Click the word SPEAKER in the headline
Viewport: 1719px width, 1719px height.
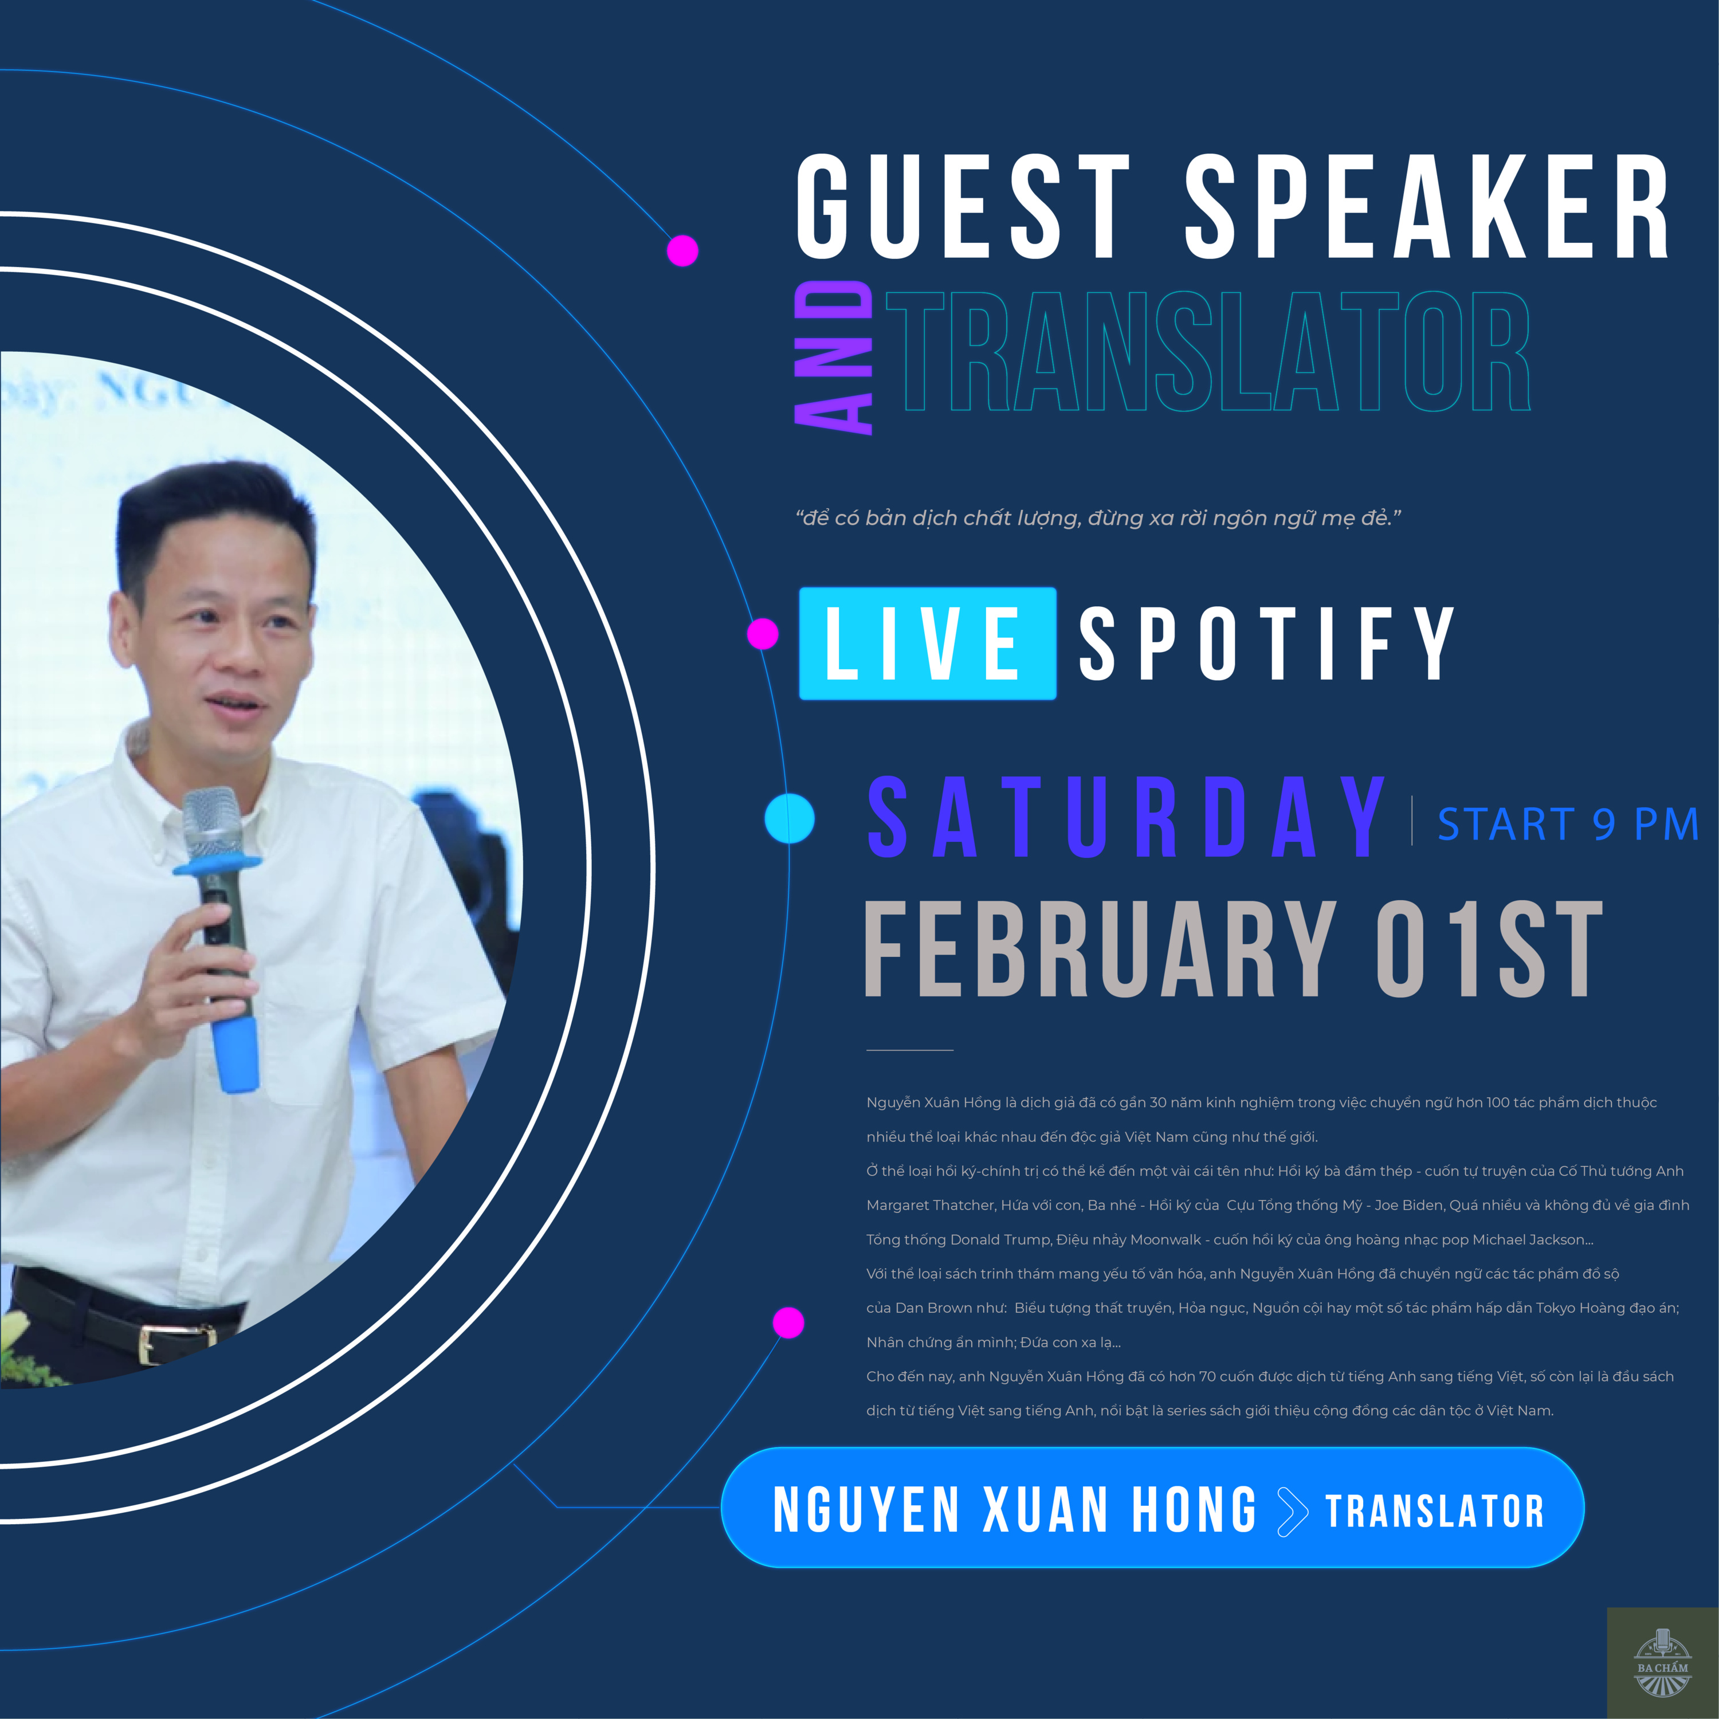point(1426,206)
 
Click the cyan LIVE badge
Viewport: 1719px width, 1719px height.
point(927,643)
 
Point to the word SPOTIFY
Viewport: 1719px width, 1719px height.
point(1267,643)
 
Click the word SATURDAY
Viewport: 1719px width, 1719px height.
point(1125,817)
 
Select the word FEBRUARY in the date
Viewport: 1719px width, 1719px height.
point(1100,949)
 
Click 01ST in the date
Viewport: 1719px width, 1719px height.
point(1489,949)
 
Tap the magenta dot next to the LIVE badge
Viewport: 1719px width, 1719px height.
point(763,634)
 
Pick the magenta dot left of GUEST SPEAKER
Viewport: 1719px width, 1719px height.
point(682,251)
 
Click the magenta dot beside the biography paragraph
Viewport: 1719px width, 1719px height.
point(788,1322)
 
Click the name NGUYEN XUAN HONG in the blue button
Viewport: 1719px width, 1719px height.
point(1014,1510)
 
